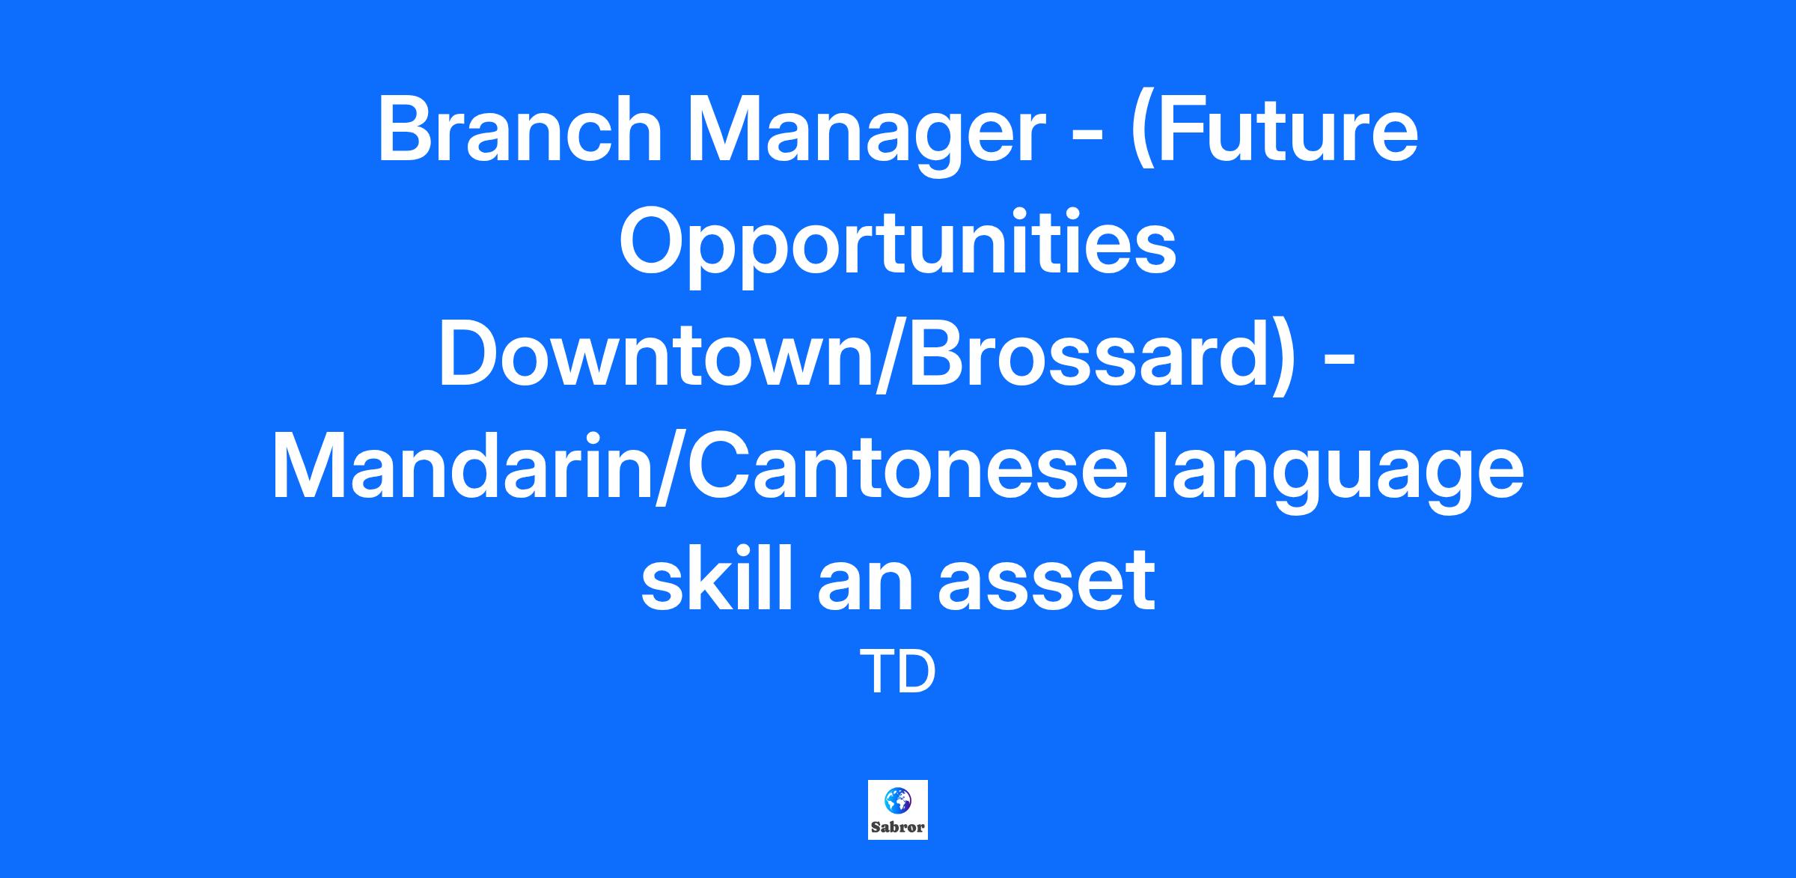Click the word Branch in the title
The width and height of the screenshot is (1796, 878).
coord(520,129)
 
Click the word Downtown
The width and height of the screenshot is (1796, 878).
coord(656,354)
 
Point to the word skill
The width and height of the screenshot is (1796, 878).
coord(719,579)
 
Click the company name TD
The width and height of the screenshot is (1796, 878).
coord(898,673)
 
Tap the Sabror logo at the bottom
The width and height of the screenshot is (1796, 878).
coord(898,810)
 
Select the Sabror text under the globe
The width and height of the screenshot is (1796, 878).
coord(897,828)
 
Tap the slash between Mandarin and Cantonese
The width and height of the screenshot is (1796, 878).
coord(663,470)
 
